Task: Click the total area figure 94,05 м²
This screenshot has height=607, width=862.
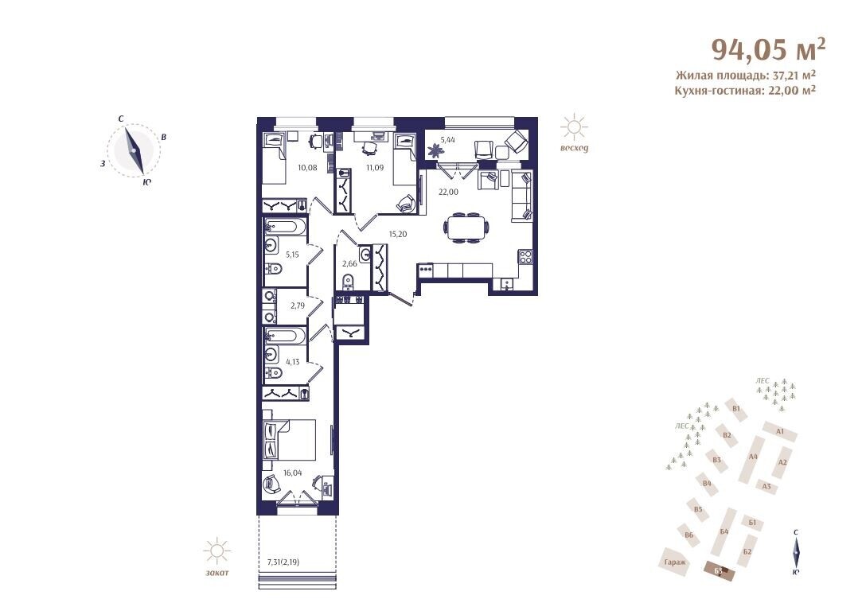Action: coord(769,49)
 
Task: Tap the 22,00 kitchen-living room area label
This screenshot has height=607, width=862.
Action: coord(448,192)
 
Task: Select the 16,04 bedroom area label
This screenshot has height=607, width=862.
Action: coord(293,472)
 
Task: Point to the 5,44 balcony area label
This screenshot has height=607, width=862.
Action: coord(447,139)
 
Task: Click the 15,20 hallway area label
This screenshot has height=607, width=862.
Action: coord(398,234)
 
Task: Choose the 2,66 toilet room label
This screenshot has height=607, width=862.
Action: coord(349,263)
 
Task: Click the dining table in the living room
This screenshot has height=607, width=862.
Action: coord(466,227)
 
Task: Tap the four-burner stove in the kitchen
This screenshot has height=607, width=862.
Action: coord(525,257)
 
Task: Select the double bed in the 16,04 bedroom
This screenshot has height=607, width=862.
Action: coord(290,440)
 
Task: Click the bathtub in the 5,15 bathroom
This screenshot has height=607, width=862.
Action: coord(285,226)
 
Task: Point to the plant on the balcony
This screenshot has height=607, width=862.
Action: coord(436,149)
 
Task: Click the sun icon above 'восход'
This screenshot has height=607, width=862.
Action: coord(574,127)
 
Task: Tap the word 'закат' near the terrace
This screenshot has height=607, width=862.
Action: coord(216,572)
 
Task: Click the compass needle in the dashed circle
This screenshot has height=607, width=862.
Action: coord(135,150)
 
